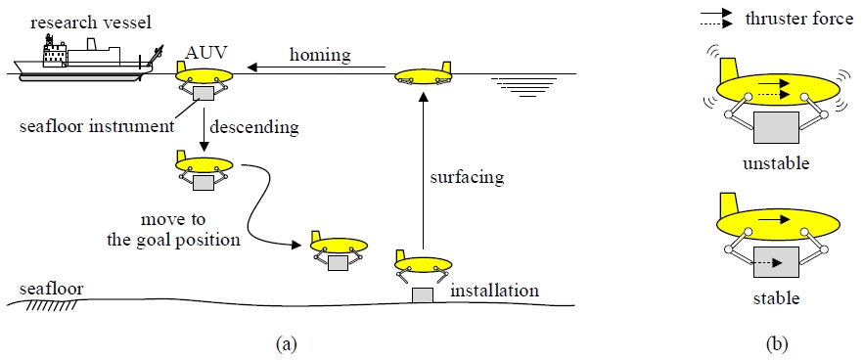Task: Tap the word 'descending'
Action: point(261,125)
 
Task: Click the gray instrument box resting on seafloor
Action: point(422,294)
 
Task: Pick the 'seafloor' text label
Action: point(46,289)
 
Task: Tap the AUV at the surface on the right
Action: point(423,76)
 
